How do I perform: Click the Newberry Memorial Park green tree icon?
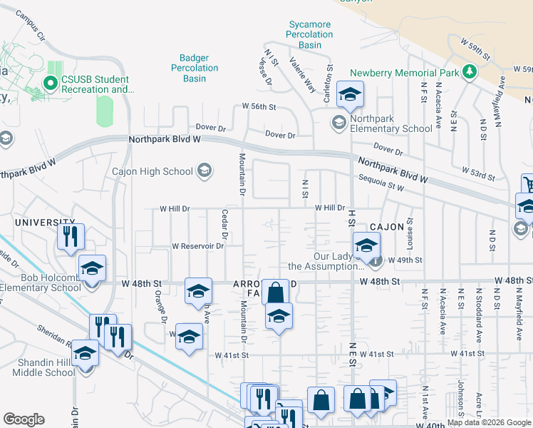click(x=469, y=71)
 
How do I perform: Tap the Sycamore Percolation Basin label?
click(x=310, y=34)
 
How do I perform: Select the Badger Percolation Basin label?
click(x=195, y=68)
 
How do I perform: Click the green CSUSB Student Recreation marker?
click(x=51, y=83)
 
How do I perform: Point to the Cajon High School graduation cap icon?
click(x=205, y=170)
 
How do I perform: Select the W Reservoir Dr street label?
click(x=198, y=245)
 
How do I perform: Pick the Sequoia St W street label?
click(x=381, y=183)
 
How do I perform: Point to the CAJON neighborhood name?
click(x=387, y=225)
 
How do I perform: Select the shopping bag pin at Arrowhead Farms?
click(x=275, y=292)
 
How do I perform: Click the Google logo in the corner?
click(x=24, y=419)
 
